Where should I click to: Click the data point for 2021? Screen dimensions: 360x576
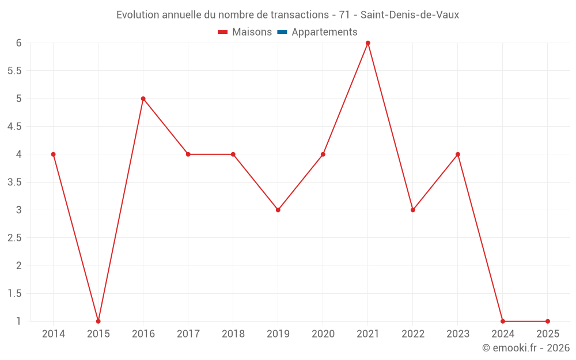tap(368, 43)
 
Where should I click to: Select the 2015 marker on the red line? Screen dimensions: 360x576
tap(98, 321)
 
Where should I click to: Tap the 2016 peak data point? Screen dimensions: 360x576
tap(143, 98)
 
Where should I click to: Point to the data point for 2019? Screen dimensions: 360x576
tap(278, 210)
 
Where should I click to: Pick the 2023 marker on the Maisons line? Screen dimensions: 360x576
tap(458, 154)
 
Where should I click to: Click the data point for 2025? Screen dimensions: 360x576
tap(548, 321)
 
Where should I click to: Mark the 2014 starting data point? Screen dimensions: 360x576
tap(54, 154)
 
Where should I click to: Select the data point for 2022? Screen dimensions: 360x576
tap(413, 210)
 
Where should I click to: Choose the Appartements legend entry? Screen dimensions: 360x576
tap(324, 32)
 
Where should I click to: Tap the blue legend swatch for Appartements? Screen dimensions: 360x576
tap(282, 32)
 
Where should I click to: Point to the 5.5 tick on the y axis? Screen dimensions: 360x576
tap(14, 71)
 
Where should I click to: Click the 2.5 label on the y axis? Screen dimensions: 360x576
tap(14, 238)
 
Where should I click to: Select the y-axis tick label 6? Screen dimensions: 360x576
tap(18, 43)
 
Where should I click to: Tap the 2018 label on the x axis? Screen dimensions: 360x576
tap(233, 334)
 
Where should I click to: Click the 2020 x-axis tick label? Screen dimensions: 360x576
tap(323, 334)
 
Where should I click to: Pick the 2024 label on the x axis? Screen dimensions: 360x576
tap(503, 334)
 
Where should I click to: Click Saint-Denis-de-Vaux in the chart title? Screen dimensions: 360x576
tap(410, 15)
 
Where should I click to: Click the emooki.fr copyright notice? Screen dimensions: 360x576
tap(526, 348)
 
